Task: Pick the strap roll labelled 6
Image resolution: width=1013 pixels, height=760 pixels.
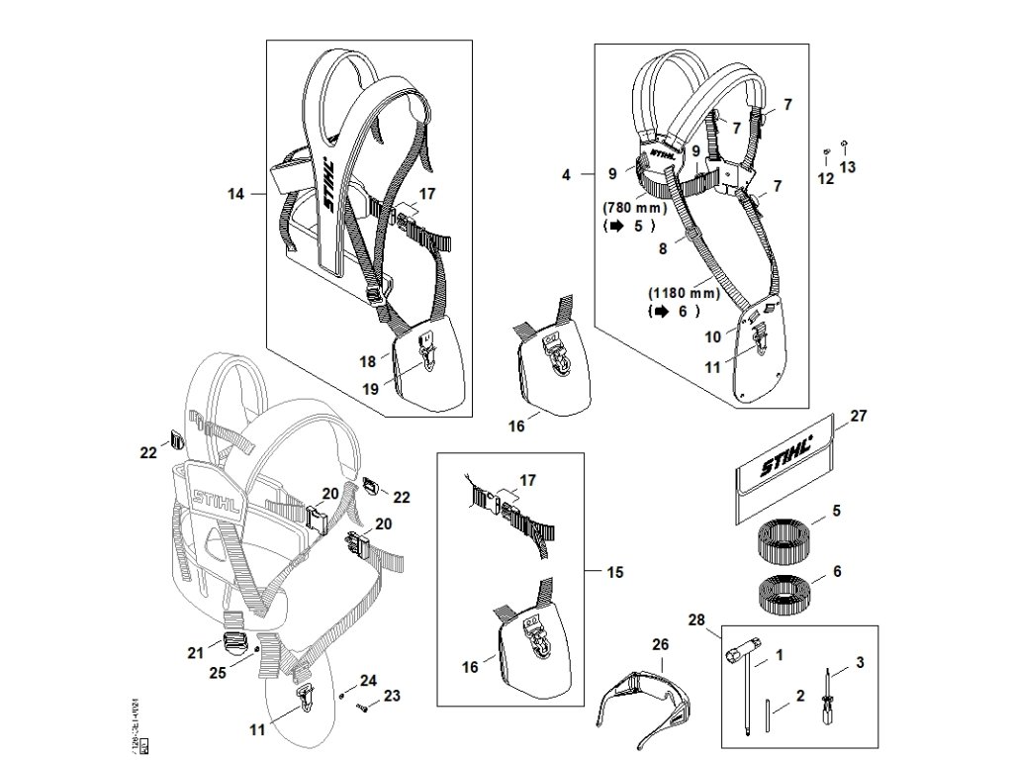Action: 786,595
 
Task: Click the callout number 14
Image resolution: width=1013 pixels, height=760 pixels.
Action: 235,195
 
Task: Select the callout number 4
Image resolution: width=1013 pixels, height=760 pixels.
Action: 567,175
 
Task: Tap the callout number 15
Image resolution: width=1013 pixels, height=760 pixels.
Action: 614,572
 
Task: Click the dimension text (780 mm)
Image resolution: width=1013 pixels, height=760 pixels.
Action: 634,209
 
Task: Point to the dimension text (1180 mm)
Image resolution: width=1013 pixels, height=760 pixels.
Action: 684,294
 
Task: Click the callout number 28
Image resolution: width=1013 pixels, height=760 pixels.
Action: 695,620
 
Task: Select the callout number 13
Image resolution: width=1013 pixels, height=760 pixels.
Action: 848,167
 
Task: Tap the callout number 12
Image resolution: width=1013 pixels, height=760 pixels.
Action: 826,179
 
